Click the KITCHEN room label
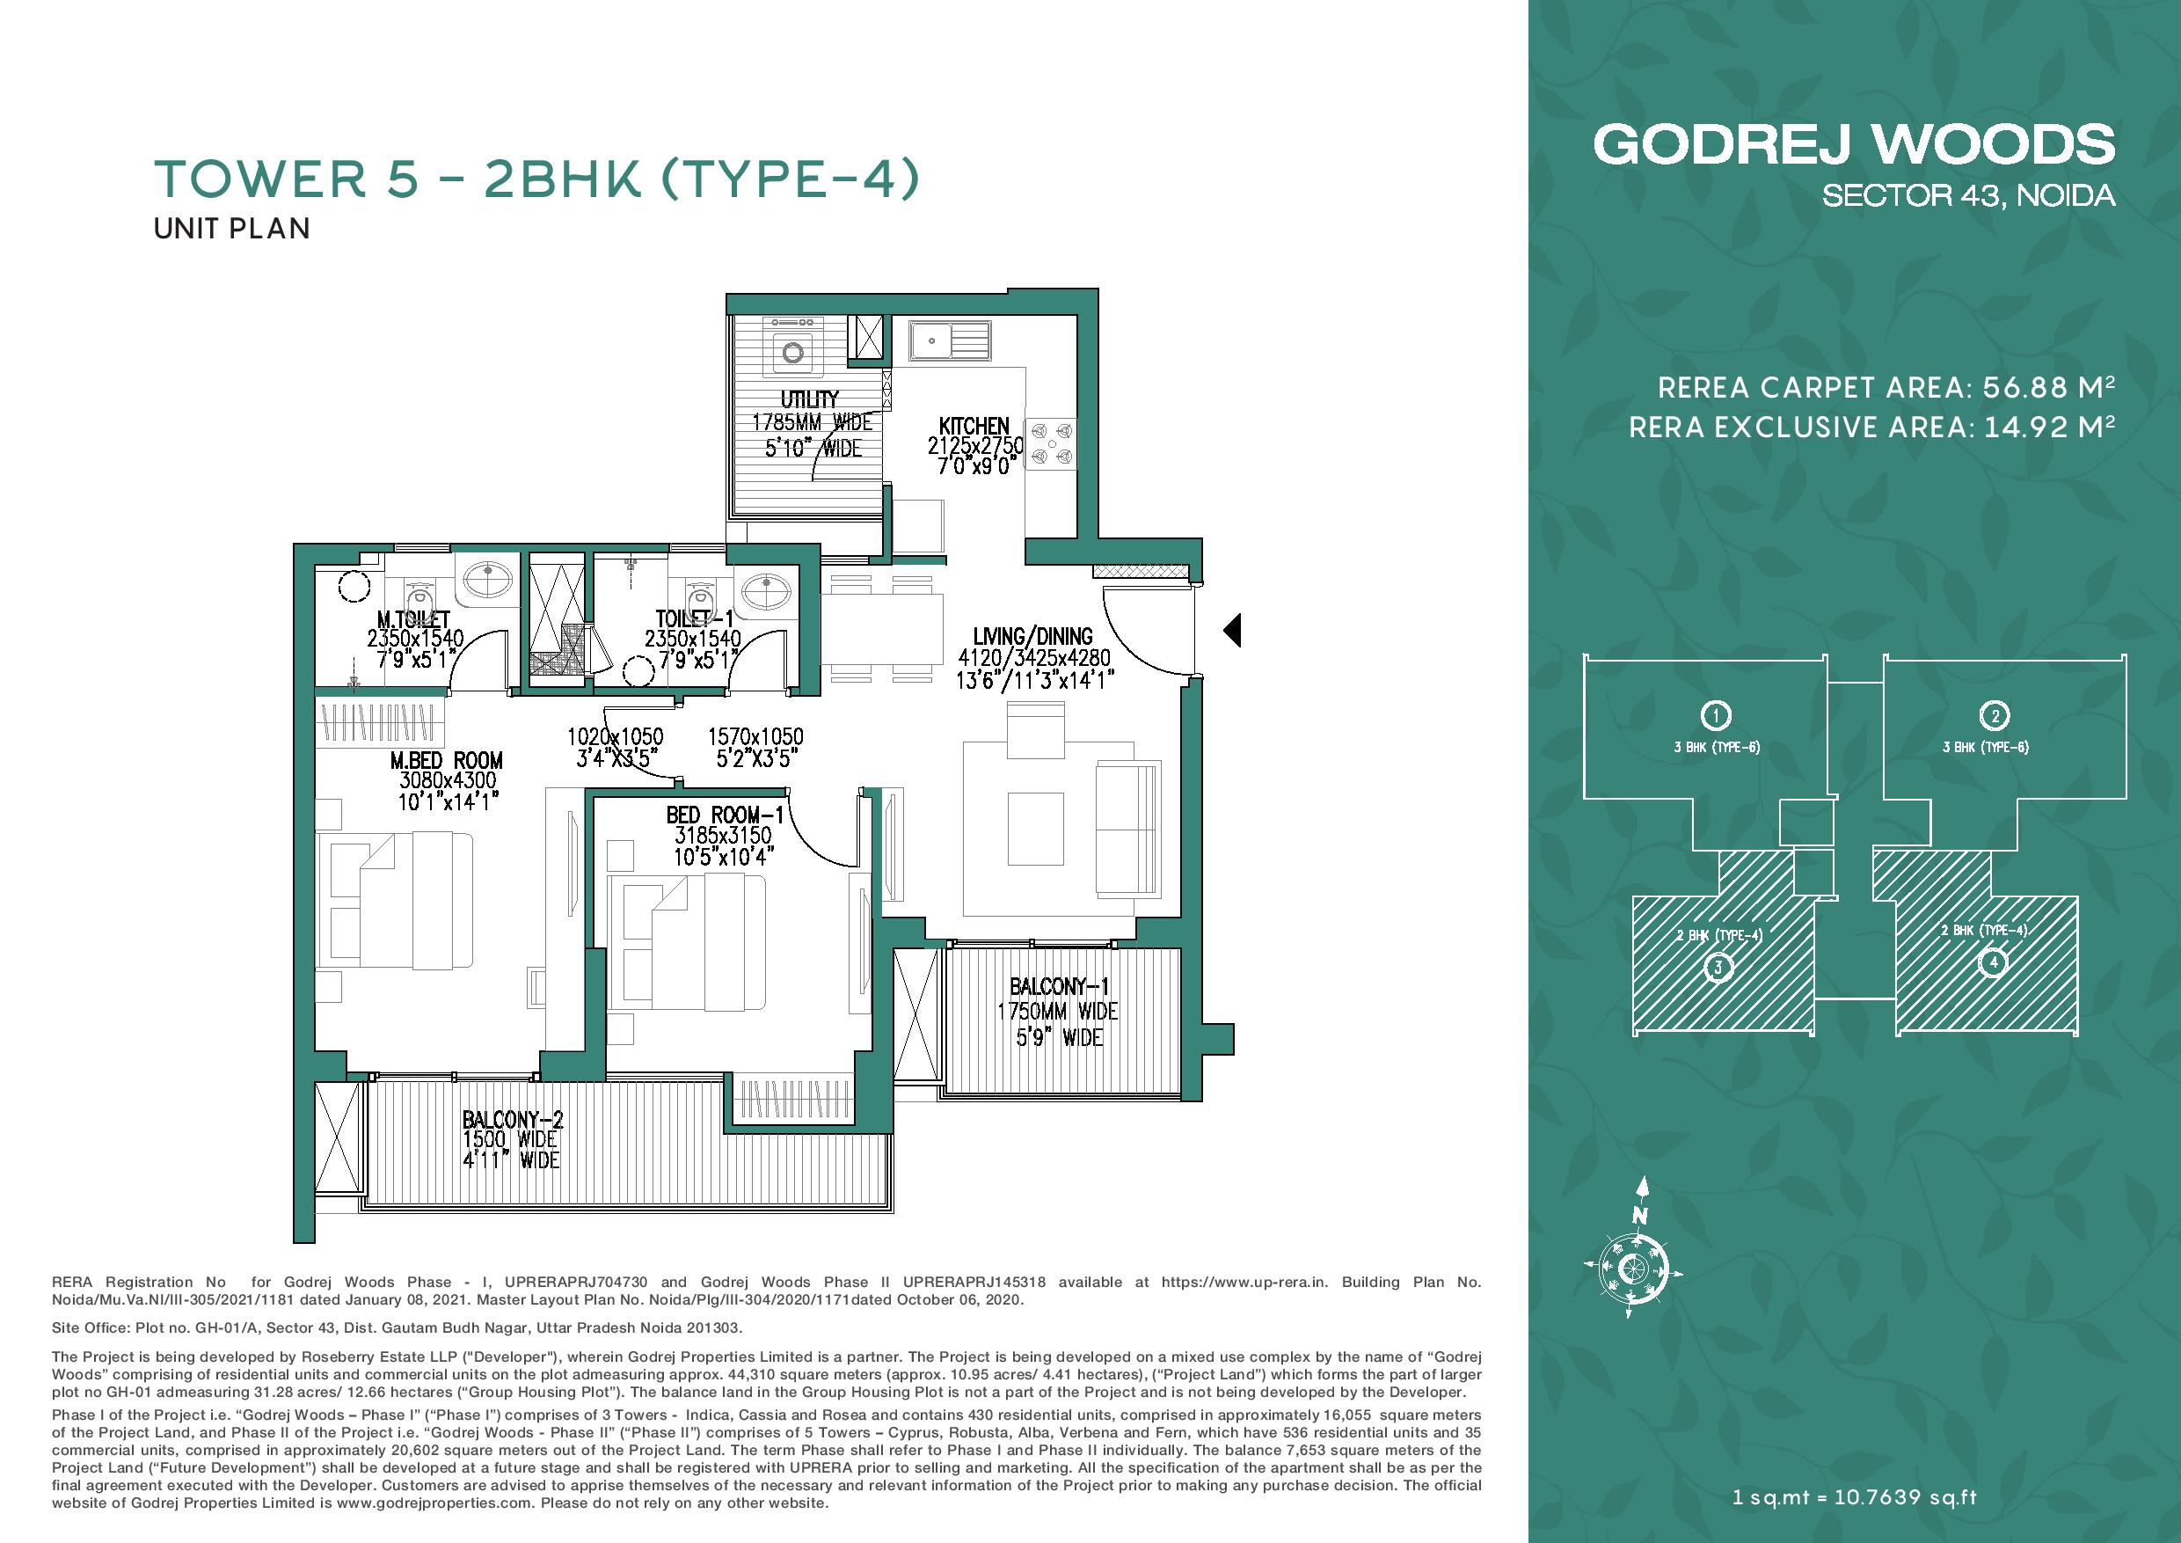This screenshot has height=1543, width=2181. tap(974, 426)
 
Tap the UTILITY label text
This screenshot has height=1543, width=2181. tap(809, 399)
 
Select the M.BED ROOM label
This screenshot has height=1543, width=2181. tap(447, 760)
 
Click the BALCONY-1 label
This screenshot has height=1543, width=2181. tap(1059, 987)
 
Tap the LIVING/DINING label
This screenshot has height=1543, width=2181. tap(1032, 636)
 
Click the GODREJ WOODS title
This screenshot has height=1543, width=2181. tap(1853, 144)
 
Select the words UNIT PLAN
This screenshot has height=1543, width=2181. tap(232, 229)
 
